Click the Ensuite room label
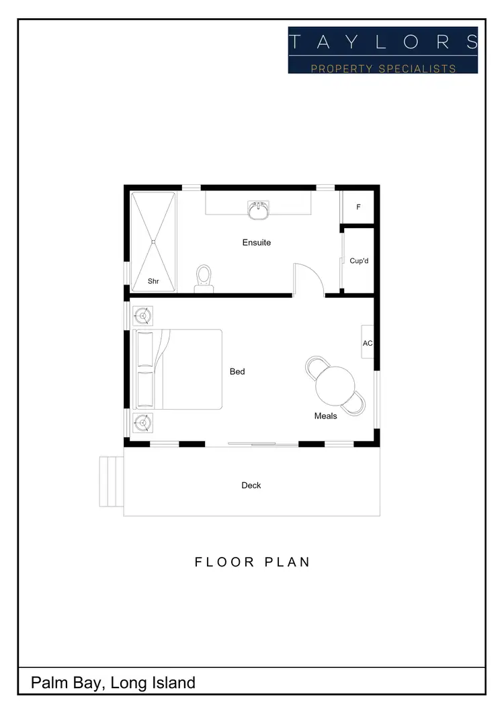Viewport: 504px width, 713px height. click(257, 242)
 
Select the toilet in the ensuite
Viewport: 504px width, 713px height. click(204, 278)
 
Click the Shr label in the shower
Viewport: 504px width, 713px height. click(153, 281)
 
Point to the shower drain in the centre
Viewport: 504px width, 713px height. click(153, 241)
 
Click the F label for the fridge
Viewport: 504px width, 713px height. click(358, 207)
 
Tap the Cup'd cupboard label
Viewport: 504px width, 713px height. click(360, 260)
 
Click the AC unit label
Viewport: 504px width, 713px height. click(368, 343)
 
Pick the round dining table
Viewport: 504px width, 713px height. click(335, 384)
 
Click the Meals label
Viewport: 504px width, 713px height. click(326, 416)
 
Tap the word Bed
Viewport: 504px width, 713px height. click(237, 371)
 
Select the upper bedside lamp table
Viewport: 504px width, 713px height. click(142, 315)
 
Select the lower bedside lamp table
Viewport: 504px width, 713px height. click(142, 423)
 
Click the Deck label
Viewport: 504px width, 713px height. click(251, 485)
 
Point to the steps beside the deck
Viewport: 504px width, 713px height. click(112, 480)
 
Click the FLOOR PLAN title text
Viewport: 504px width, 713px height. click(253, 562)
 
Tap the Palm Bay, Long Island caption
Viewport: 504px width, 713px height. click(113, 683)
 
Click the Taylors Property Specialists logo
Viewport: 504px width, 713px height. click(383, 50)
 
